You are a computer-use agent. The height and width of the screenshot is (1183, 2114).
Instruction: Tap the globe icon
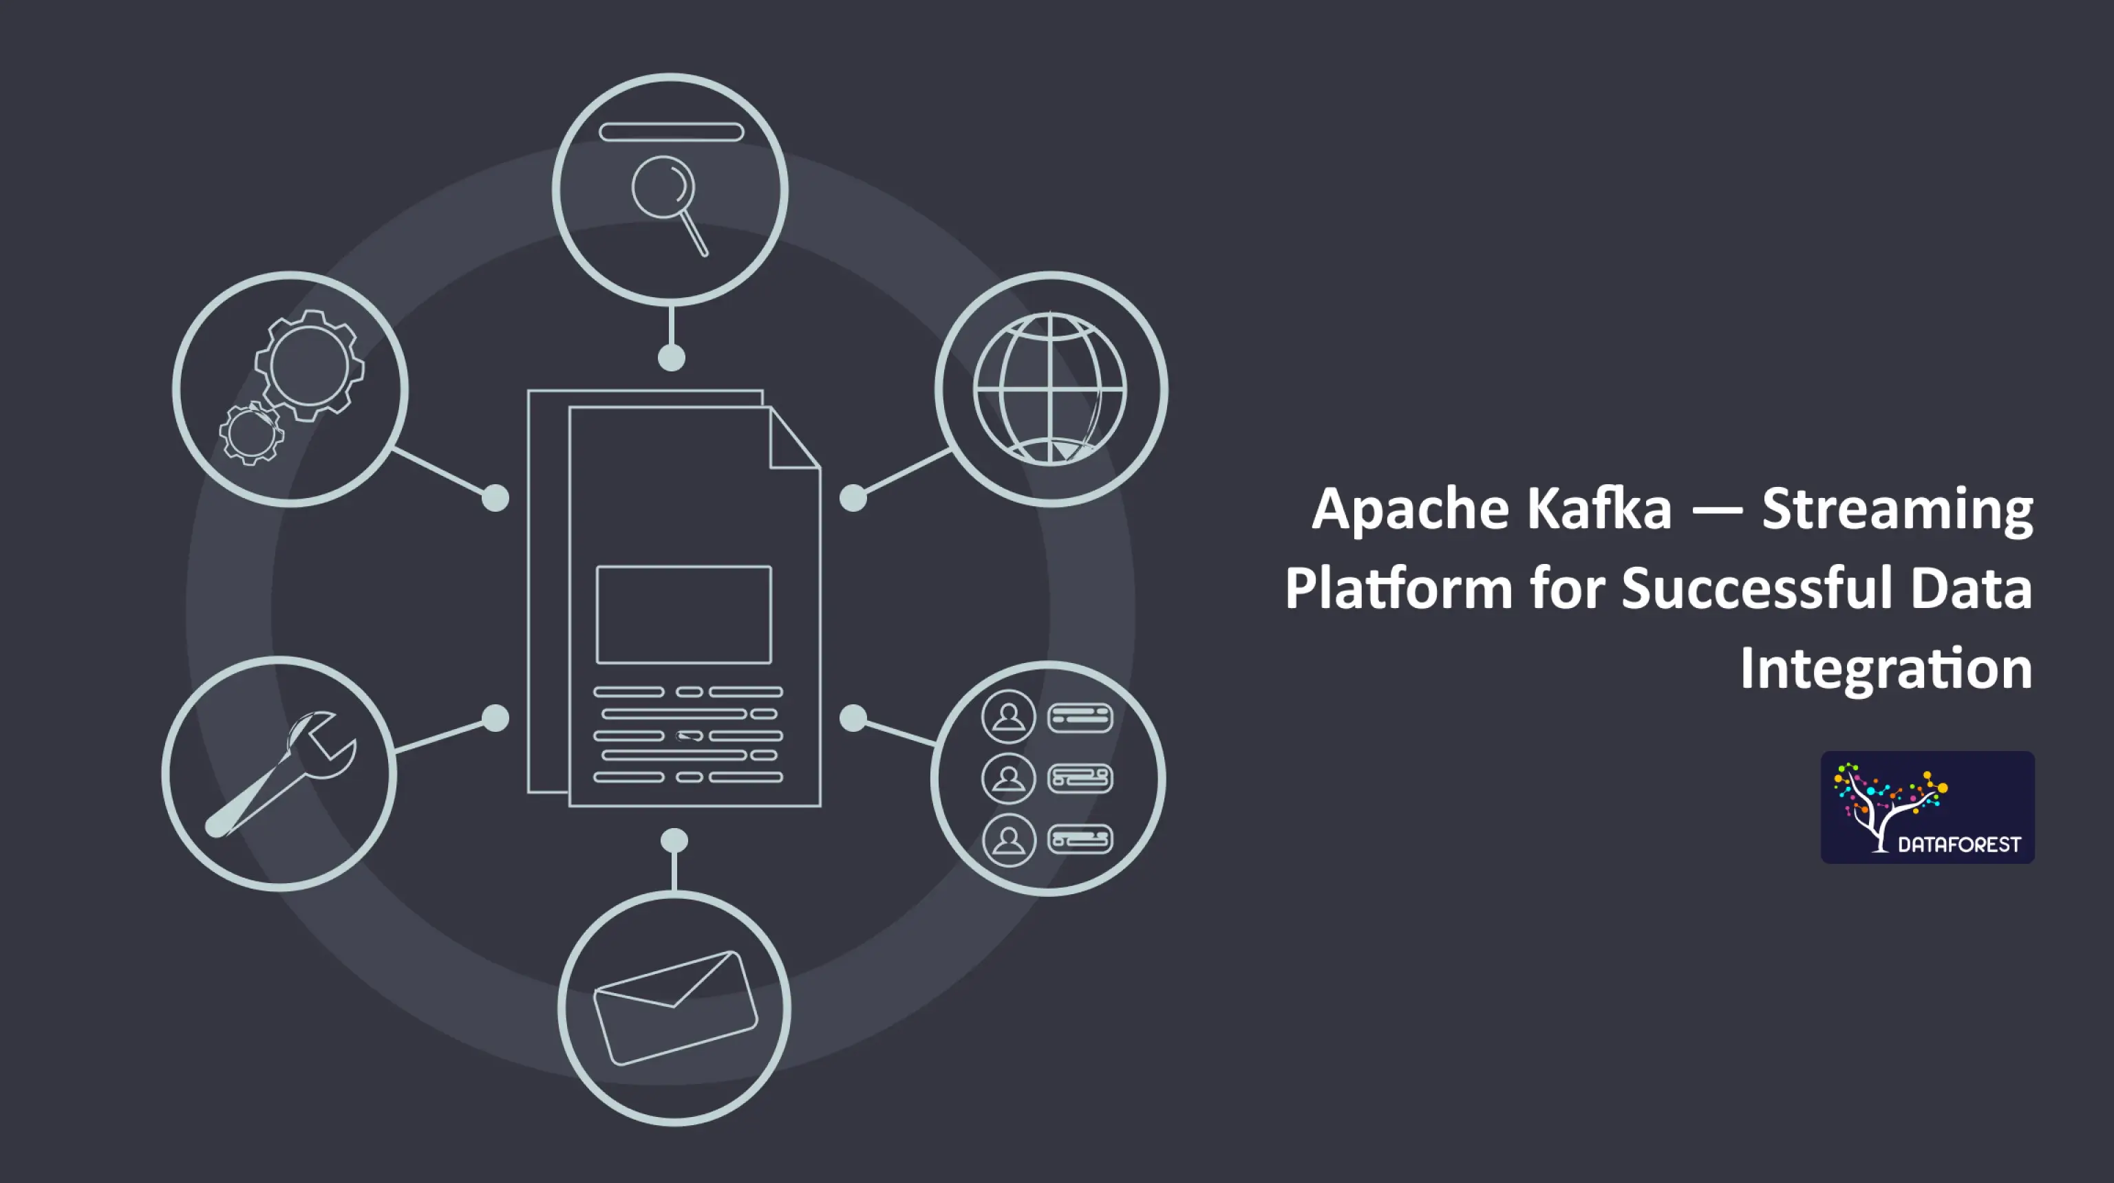pyautogui.click(x=1049, y=388)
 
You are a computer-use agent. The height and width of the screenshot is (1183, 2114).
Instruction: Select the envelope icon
pyautogui.click(x=674, y=1008)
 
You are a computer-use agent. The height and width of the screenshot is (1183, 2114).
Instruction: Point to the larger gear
pyautogui.click(x=310, y=365)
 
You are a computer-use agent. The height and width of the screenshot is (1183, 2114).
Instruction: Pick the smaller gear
pyautogui.click(x=251, y=433)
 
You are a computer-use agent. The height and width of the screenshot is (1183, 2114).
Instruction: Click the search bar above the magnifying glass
pyautogui.click(x=672, y=132)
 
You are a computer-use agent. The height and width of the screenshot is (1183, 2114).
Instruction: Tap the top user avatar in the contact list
pyautogui.click(x=1009, y=717)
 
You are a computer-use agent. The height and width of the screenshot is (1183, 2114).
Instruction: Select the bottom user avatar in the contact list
pyautogui.click(x=1009, y=840)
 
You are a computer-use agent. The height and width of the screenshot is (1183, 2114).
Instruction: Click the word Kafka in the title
pyautogui.click(x=1599, y=509)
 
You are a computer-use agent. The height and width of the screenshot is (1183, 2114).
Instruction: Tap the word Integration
pyautogui.click(x=1886, y=669)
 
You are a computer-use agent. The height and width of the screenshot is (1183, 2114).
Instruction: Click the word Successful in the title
pyautogui.click(x=1756, y=588)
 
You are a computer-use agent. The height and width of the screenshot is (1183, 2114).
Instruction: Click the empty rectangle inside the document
pyautogui.click(x=683, y=614)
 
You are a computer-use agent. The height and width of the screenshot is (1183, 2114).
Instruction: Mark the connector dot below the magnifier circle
pyautogui.click(x=672, y=358)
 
